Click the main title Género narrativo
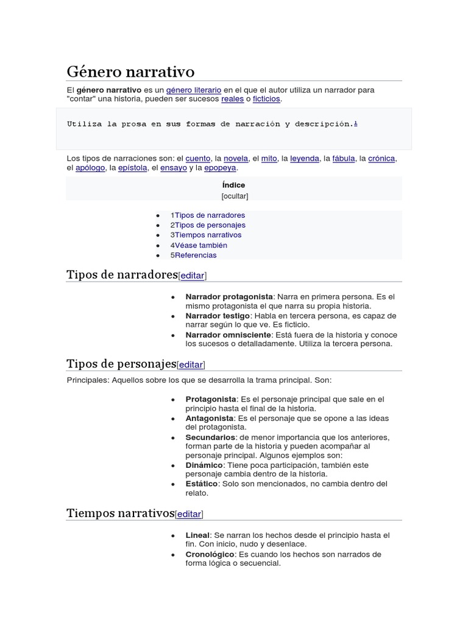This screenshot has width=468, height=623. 130,72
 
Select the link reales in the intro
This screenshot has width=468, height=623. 232,99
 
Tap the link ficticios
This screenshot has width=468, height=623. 267,99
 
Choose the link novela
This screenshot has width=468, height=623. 236,158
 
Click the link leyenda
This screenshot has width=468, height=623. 305,158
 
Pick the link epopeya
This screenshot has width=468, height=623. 220,168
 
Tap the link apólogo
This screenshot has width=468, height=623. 90,168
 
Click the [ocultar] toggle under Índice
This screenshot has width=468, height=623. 234,196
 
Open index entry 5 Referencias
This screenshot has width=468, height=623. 194,255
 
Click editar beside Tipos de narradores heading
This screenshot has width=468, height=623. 193,276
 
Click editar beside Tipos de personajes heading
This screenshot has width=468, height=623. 191,364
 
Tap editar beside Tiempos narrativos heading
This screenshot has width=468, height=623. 189,514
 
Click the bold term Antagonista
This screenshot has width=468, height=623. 210,419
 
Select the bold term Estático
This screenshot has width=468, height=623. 202,484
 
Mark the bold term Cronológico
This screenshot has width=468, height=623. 210,554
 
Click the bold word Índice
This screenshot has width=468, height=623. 234,185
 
